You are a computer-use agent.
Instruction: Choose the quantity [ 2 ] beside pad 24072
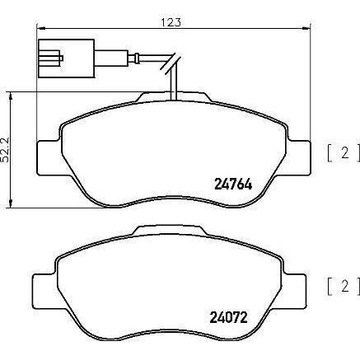click(x=337, y=286)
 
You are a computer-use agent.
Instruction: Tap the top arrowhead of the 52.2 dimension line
click(x=10, y=96)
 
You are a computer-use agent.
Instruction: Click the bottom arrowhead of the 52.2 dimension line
click(x=10, y=206)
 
